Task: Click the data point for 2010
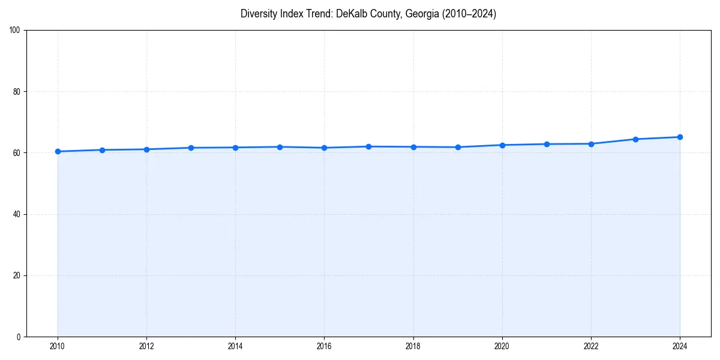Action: click(x=58, y=151)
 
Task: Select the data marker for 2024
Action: click(x=680, y=137)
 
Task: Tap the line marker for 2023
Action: click(x=635, y=139)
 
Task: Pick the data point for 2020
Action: click(x=502, y=145)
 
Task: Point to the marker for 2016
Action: click(x=324, y=148)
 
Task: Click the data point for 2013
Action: click(x=191, y=148)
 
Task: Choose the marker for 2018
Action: click(x=413, y=147)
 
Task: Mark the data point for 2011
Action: click(x=102, y=150)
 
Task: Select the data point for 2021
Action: click(x=547, y=144)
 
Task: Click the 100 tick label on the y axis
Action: click(x=15, y=31)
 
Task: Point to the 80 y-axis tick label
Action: click(x=17, y=92)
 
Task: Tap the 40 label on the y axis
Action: click(x=17, y=214)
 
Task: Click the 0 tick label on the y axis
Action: click(x=19, y=337)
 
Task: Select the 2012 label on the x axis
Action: click(x=146, y=346)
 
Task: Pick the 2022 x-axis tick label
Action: click(x=591, y=346)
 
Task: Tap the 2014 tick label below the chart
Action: click(x=235, y=346)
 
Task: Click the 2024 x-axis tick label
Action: click(x=680, y=346)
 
